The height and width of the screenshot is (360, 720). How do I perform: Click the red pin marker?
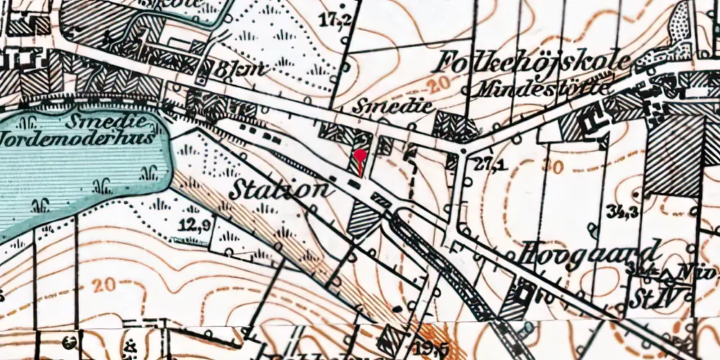pos(360,156)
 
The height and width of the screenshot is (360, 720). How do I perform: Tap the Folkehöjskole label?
pos(532,64)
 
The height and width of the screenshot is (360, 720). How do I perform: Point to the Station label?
pos(283,189)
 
